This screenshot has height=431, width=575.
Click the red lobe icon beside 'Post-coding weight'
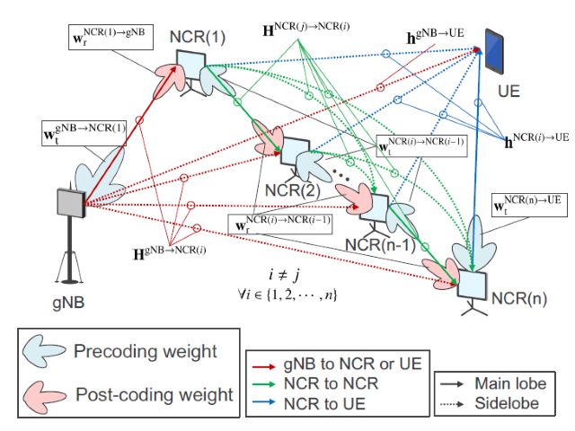tap(48, 392)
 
